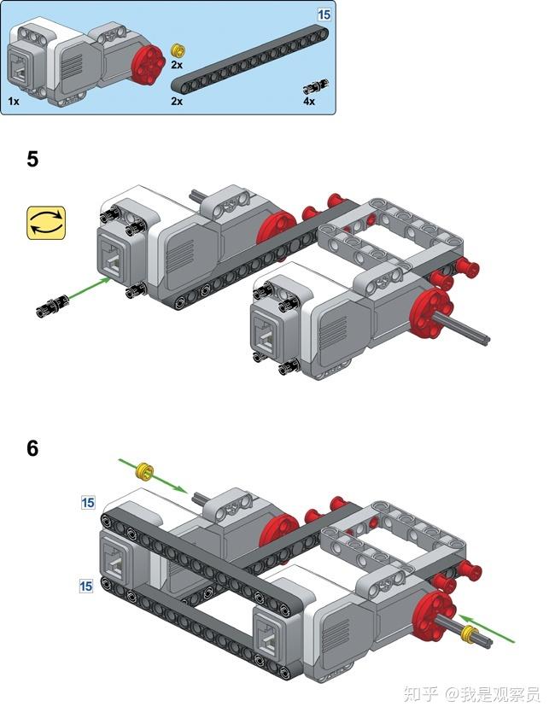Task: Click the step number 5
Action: (32, 159)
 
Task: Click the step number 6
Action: (32, 448)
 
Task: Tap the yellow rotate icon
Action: (46, 223)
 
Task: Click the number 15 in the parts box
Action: (324, 15)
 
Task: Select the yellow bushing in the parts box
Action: (177, 49)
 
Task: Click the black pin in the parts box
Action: (317, 85)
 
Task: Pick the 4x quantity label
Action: (309, 102)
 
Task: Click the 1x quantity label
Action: (14, 101)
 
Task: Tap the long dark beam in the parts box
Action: (250, 59)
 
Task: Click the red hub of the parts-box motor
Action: (148, 63)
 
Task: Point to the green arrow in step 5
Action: (89, 289)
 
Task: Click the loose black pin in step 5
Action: (52, 305)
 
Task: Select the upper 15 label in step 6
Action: (88, 502)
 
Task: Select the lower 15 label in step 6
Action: (86, 586)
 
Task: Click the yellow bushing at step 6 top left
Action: (145, 472)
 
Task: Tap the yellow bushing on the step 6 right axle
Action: (469, 633)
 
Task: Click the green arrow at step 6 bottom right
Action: (487, 628)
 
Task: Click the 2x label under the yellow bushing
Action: (177, 65)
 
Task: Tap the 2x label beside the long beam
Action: (177, 102)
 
